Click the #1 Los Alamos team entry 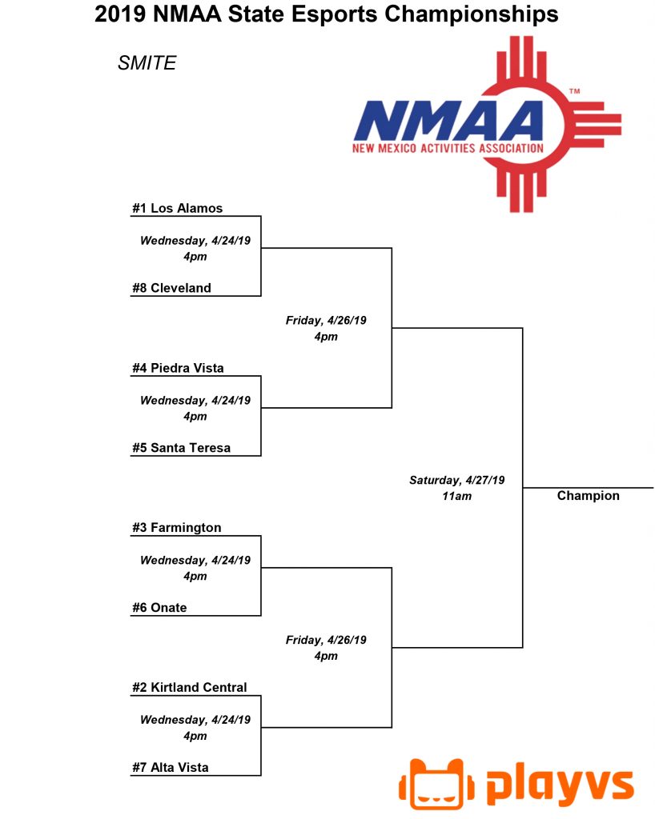coord(177,208)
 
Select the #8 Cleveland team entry coord(171,288)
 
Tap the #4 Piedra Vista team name coord(178,368)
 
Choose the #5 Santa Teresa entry coord(181,448)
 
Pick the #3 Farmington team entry coord(177,528)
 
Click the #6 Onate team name coord(159,608)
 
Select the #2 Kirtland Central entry coord(189,687)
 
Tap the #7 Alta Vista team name coord(170,767)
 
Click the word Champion coord(588,496)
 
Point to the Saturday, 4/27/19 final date coord(457,480)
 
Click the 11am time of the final coord(457,496)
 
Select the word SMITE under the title coord(147,62)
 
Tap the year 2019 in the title coord(119,14)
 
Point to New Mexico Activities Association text coord(448,148)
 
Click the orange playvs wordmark coord(560,785)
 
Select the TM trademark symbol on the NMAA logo coord(574,91)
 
